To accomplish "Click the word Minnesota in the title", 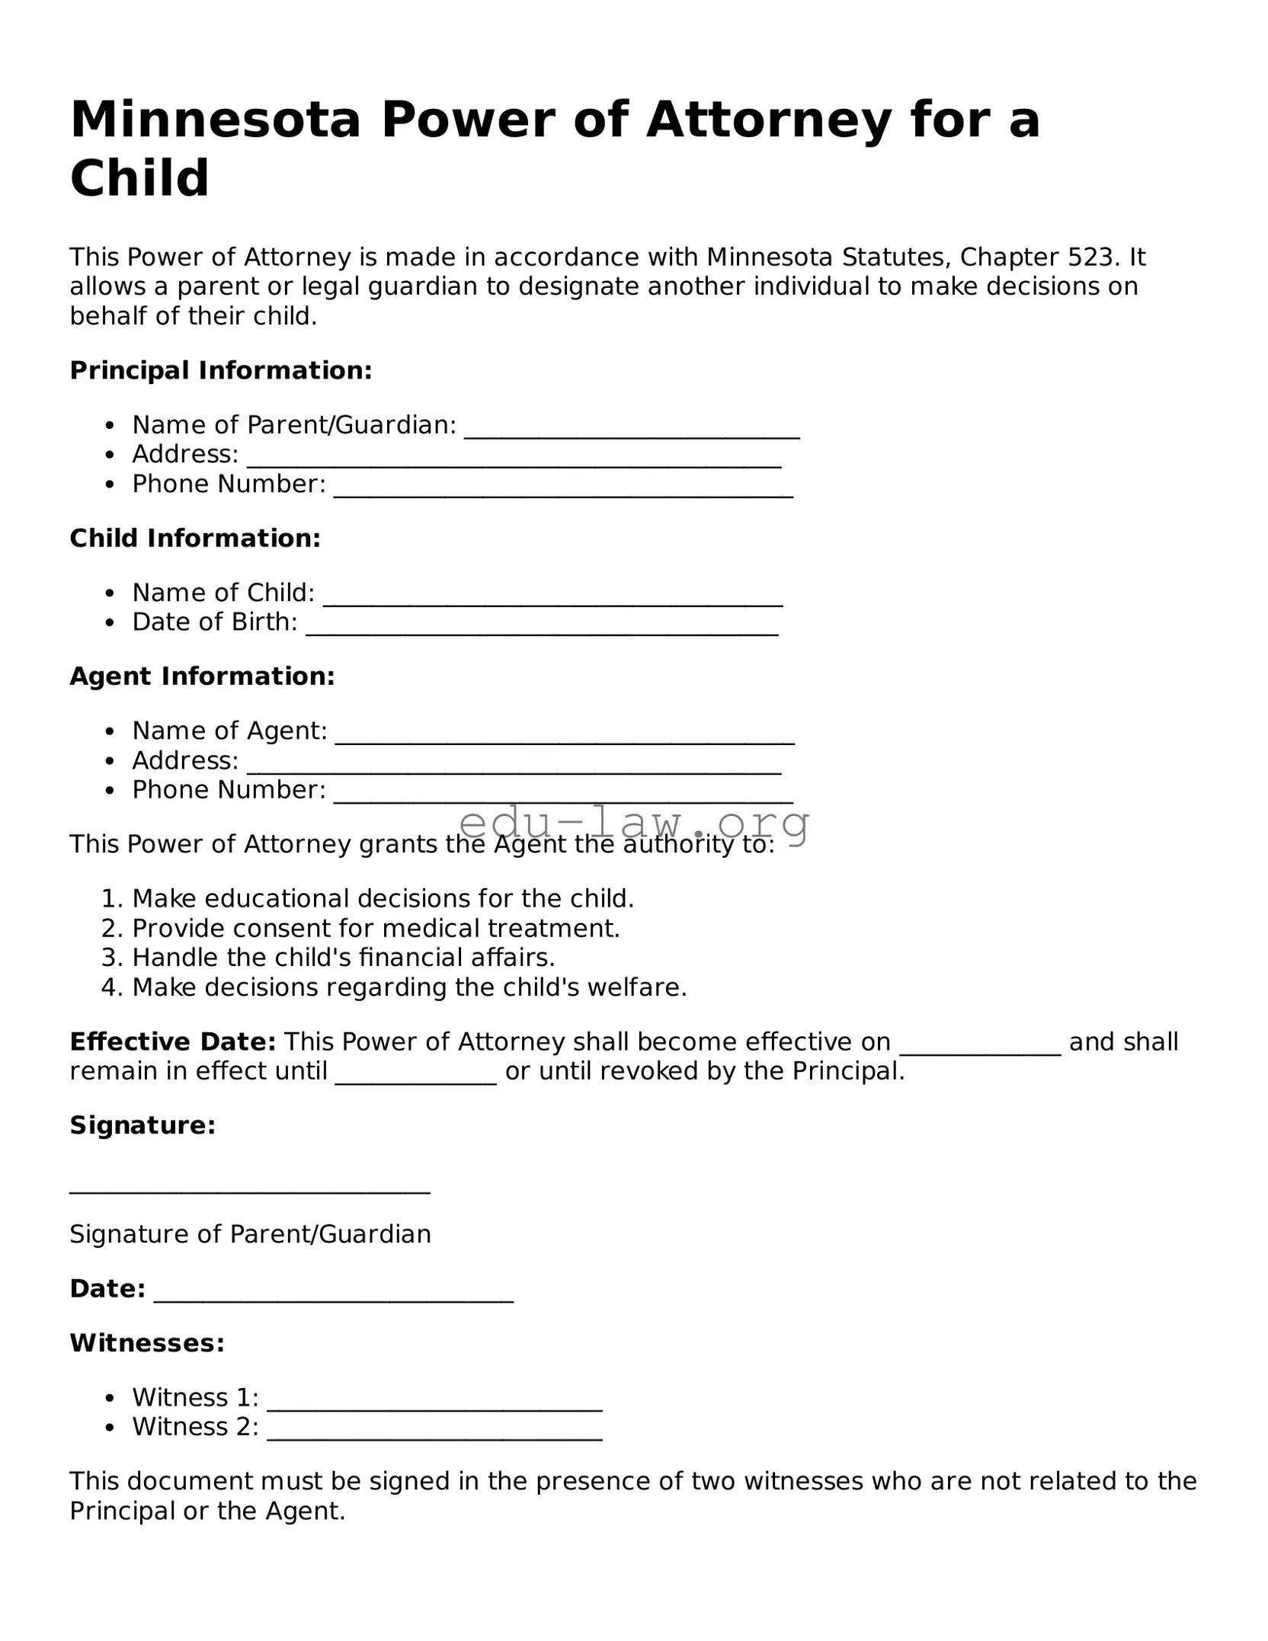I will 215,120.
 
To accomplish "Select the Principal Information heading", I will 221,371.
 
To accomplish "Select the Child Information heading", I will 195,539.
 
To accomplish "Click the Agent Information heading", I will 202,677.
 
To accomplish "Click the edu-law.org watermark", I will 635,824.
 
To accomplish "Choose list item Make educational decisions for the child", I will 383,899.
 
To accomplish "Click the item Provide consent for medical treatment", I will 376,929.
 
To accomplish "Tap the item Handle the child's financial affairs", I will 343,958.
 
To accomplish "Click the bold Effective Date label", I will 172,1042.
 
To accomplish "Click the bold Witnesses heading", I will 147,1343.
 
